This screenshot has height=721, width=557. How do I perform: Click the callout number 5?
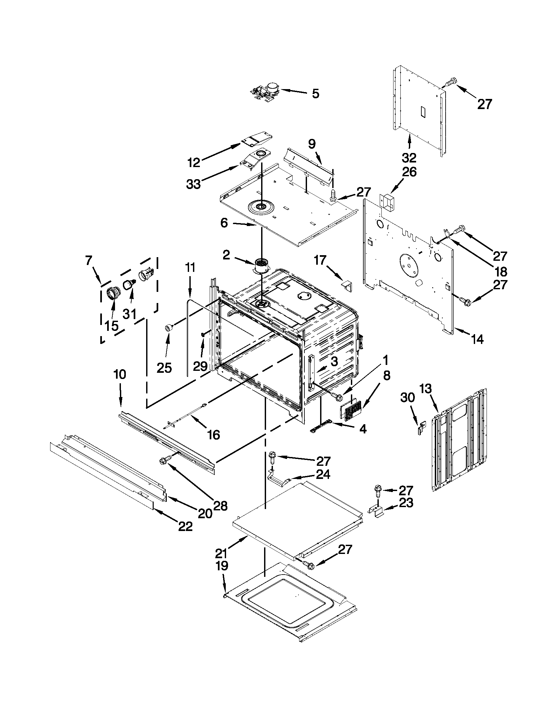[x=315, y=94]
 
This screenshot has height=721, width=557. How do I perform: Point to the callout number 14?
[x=477, y=339]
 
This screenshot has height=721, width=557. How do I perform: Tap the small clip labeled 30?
[x=421, y=429]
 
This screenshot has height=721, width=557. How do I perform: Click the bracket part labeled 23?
[x=377, y=512]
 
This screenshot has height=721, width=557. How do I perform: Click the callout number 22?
[x=185, y=526]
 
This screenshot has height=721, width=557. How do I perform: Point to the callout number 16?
[x=214, y=435]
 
